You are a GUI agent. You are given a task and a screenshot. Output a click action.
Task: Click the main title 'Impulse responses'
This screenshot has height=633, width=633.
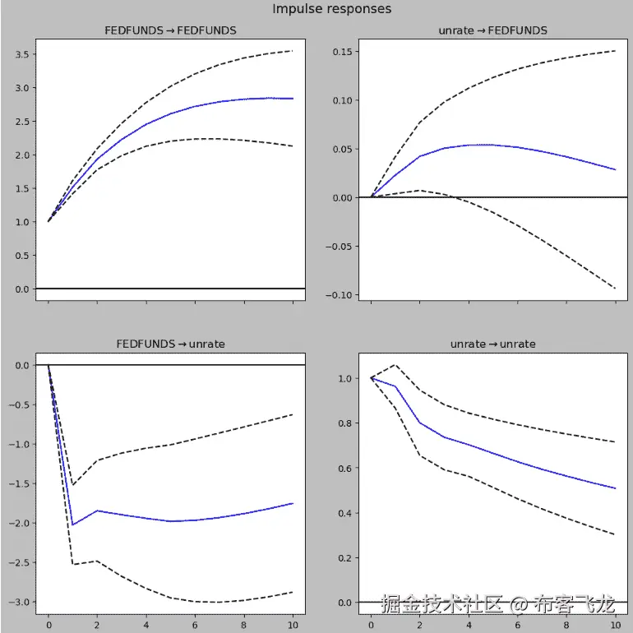332,9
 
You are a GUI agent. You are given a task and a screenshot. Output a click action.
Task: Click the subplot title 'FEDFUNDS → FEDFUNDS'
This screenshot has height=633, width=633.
170,30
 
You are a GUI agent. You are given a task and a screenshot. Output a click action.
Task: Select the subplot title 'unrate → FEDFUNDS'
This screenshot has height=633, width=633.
493,30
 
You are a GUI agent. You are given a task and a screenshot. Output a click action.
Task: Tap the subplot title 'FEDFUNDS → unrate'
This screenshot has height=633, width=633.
170,344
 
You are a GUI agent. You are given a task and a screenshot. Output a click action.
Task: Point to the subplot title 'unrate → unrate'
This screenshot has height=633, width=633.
493,344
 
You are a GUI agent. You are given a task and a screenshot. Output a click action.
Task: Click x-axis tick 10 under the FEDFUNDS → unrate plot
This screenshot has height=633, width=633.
293,625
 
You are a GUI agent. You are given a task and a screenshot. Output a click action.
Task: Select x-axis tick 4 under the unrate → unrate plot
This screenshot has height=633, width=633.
469,625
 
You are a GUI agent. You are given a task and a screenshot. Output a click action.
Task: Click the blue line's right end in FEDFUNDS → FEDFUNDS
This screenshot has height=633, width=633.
293,99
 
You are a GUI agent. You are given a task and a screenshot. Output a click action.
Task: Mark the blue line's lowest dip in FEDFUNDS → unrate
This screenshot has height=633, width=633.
72,524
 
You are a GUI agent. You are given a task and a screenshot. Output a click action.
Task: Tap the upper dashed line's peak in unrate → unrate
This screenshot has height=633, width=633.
395,365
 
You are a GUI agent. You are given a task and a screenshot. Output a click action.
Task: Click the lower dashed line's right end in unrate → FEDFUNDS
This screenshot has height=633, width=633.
615,289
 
